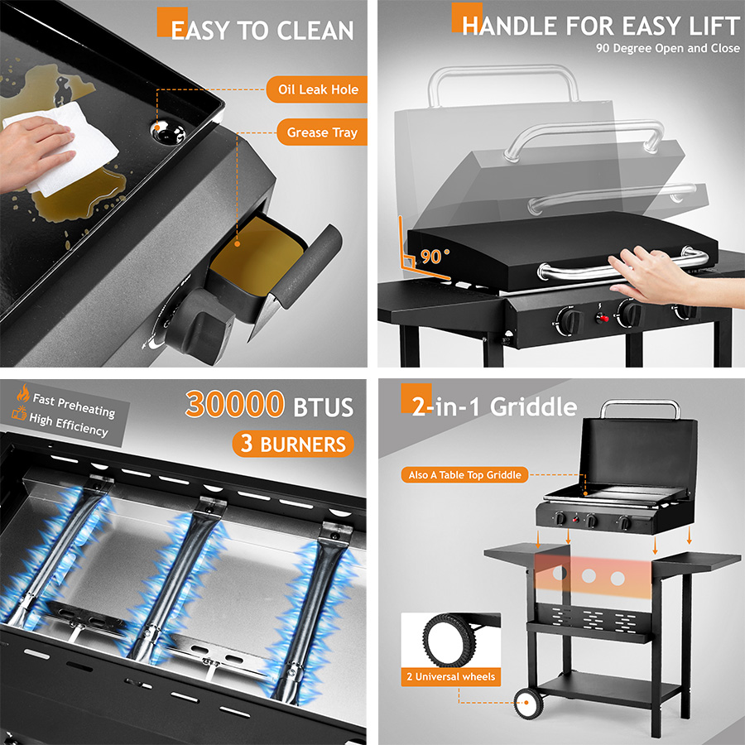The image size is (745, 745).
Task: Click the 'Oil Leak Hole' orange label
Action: coord(317,89)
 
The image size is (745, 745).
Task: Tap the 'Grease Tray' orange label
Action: coord(322,132)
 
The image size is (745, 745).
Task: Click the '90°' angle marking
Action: coord(434,257)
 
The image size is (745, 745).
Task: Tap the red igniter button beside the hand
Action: coord(603,317)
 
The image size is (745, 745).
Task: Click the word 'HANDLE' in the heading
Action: coord(509,26)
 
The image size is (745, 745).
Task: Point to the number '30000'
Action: coord(235,404)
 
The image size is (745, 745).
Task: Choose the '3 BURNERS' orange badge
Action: coord(293,444)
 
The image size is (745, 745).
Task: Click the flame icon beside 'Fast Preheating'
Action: coord(23,393)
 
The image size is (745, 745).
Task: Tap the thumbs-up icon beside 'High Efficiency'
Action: coord(19,413)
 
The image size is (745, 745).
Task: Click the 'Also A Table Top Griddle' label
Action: coord(464,474)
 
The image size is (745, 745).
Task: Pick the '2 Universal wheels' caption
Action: coord(451,676)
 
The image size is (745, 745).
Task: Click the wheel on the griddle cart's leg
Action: coord(528,702)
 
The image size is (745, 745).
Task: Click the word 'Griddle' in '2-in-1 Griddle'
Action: coord(533,407)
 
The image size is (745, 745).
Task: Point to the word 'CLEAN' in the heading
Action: coord(315,31)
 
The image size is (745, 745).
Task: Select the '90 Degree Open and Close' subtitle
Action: coord(667,49)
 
